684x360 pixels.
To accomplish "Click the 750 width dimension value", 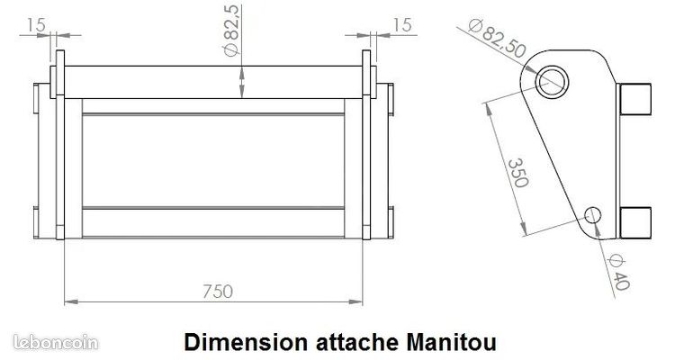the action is (x=218, y=292).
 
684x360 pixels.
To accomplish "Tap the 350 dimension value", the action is (x=518, y=173).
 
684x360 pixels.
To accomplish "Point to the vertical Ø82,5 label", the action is (x=231, y=31).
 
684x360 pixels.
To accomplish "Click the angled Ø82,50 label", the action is (x=497, y=39).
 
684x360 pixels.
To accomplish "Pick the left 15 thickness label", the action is (x=36, y=25).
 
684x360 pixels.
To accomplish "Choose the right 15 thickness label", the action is (x=401, y=25).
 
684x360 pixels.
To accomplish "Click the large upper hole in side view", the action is (x=552, y=82).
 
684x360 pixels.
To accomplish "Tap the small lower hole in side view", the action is (x=593, y=215).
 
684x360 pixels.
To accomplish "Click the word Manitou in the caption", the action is (x=452, y=342).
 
